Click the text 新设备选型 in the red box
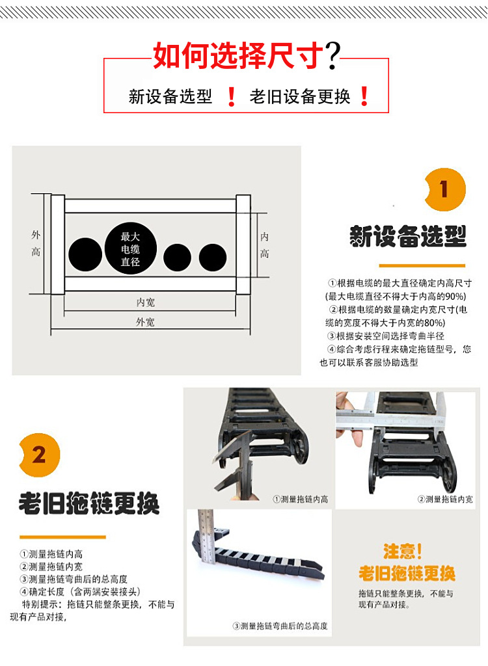170,97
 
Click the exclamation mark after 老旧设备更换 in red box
364,97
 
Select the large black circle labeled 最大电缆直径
130,248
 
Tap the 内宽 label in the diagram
146,302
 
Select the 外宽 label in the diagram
145,322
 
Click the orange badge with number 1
444,190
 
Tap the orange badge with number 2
39,453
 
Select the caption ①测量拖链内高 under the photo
300,499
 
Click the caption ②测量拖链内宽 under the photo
445,499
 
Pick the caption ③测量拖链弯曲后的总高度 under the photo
280,626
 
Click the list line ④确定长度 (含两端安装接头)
80,591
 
